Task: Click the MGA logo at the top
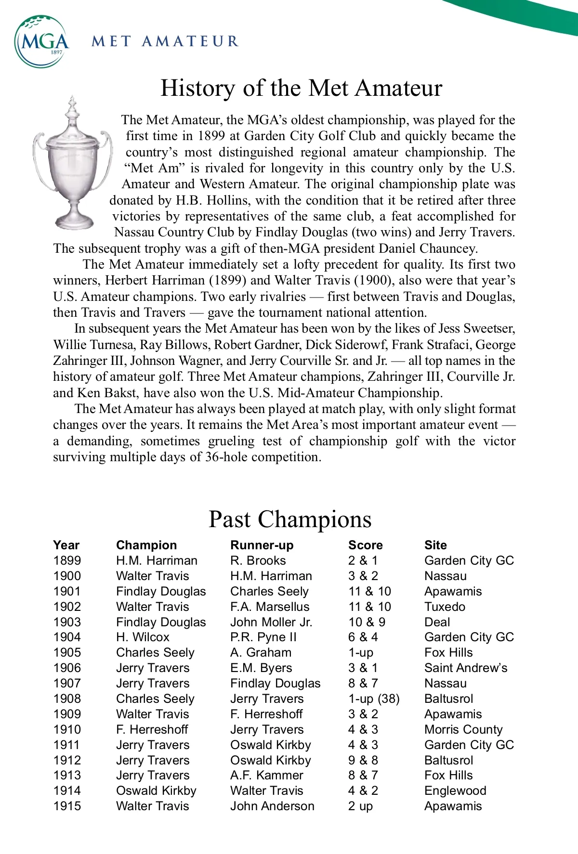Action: [x=42, y=41]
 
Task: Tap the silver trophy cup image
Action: [x=73, y=164]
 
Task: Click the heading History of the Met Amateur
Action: [x=301, y=88]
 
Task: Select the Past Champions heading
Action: [x=290, y=519]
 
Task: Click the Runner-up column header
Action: [x=262, y=545]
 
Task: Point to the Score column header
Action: [x=365, y=545]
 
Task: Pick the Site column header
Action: [x=435, y=545]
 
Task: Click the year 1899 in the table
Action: [x=67, y=560]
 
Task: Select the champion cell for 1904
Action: [x=143, y=637]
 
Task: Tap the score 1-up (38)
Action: [x=374, y=699]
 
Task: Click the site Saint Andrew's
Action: [x=466, y=668]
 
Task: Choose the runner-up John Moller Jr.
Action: [x=271, y=622]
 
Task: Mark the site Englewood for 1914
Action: [x=455, y=790]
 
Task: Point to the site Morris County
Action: [x=463, y=729]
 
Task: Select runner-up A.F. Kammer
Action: [x=266, y=775]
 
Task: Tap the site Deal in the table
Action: [x=437, y=622]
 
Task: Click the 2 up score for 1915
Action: [x=360, y=806]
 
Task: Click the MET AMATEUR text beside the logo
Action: [x=165, y=41]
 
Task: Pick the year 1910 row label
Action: [x=67, y=729]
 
